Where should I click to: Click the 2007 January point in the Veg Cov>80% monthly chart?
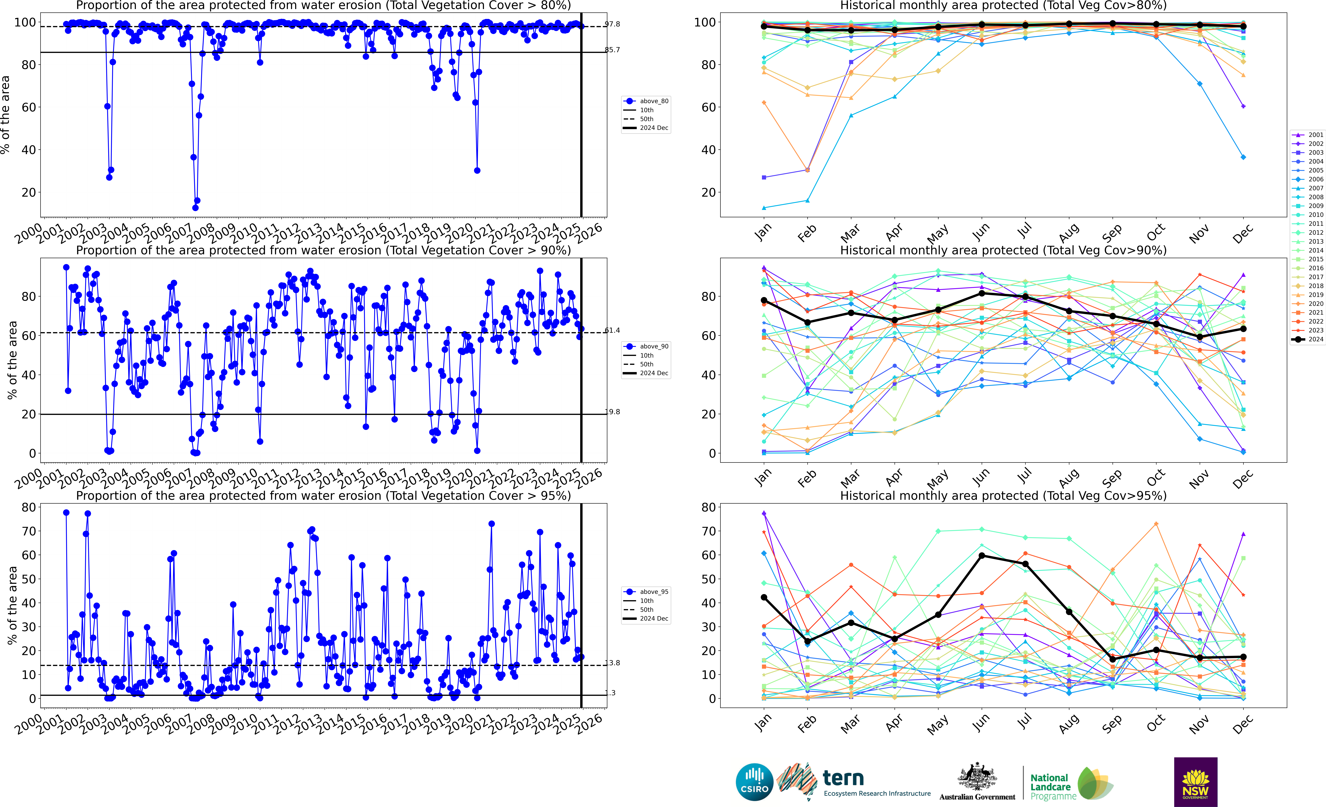tap(764, 208)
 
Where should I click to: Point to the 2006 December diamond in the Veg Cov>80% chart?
tap(1243, 157)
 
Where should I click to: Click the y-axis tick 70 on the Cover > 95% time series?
tap(29, 531)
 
